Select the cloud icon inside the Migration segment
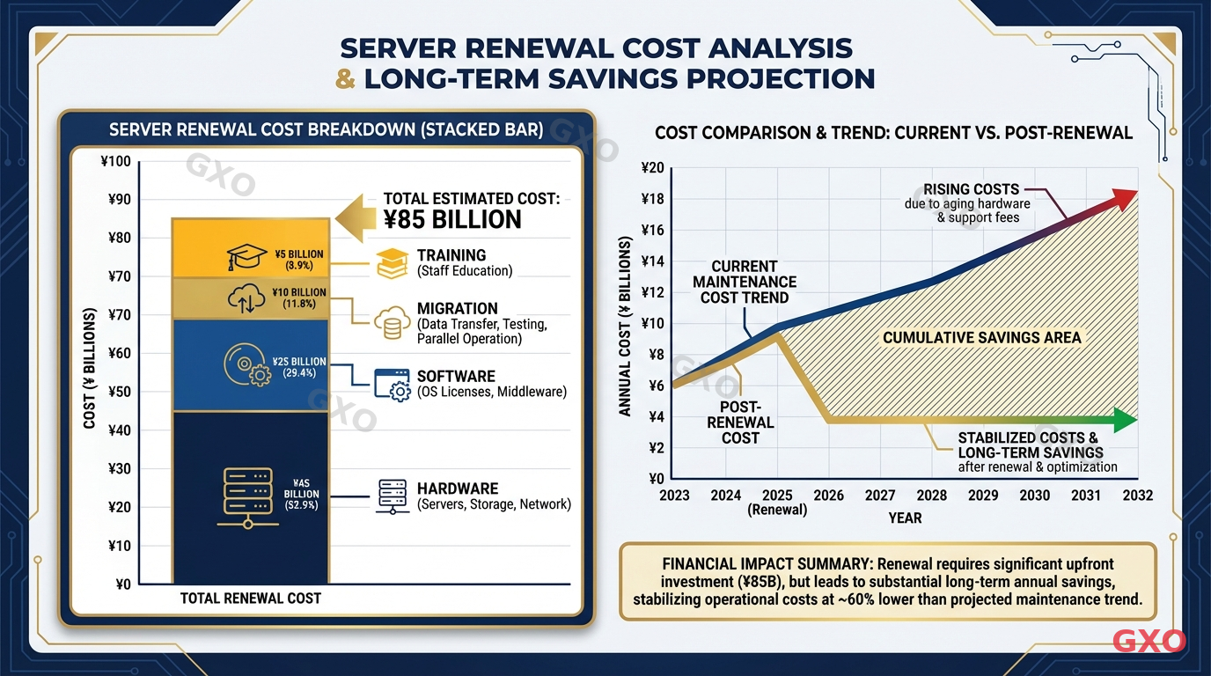click(246, 299)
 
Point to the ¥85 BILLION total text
click(453, 219)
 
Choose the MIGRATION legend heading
click(458, 309)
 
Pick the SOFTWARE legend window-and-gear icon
click(393, 386)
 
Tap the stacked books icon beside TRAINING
click(392, 262)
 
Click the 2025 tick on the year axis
click(777, 496)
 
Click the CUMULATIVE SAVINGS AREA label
click(981, 337)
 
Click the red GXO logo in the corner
click(1149, 642)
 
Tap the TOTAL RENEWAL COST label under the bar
click(251, 599)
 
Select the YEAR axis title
click(905, 518)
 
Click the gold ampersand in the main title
click(345, 79)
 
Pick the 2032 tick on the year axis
click(1137, 496)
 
